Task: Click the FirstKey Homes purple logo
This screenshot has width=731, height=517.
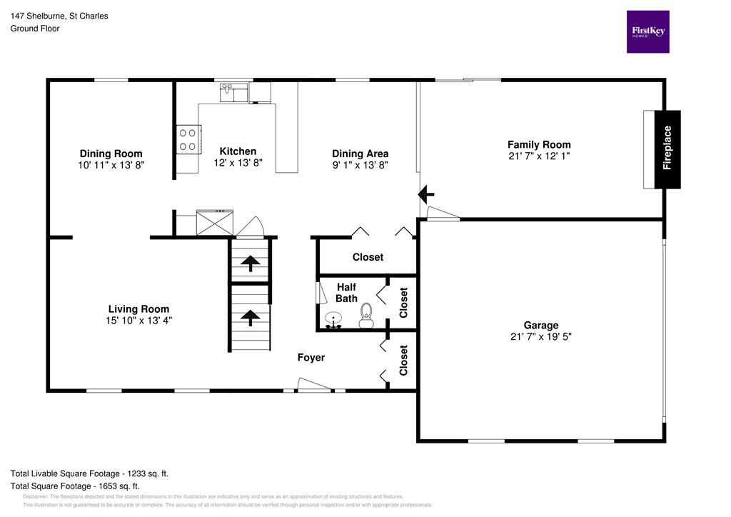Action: pos(647,31)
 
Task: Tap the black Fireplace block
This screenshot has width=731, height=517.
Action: pos(667,149)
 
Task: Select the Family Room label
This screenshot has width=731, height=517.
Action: pos(539,144)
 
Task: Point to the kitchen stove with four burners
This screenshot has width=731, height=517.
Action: pos(188,139)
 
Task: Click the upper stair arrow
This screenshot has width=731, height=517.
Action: pos(250,263)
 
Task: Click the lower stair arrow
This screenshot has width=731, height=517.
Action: pos(250,316)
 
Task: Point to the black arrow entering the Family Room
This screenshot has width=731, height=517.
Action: pos(426,193)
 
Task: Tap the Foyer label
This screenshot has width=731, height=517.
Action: pos(311,358)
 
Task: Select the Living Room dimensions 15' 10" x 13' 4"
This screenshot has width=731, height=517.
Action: pos(138,321)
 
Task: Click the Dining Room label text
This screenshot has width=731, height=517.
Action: pos(111,154)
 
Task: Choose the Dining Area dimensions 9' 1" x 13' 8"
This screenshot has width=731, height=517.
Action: pos(361,165)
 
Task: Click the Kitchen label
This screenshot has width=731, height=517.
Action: pos(238,151)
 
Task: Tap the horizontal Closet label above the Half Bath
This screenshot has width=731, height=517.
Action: pos(368,257)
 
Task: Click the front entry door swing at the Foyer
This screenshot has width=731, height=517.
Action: pos(314,386)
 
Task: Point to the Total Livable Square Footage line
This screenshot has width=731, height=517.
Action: pos(89,473)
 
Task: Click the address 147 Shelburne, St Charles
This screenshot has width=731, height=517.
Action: pos(59,16)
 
